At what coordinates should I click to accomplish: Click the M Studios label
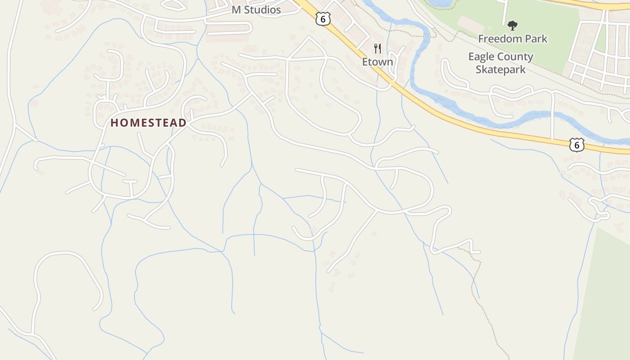coord(256,10)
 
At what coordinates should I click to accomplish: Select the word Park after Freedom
coord(535,39)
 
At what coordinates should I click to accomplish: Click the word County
coord(516,57)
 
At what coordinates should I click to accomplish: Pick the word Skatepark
coord(500,70)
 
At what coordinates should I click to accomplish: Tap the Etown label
coord(378,62)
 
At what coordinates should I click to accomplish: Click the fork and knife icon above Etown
coord(378,48)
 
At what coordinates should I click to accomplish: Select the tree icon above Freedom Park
coord(512,25)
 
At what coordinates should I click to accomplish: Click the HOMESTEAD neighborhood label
coord(148,123)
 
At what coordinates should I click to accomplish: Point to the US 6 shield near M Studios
coord(323,18)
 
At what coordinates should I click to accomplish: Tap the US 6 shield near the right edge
coord(576,144)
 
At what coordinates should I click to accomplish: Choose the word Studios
coord(262,10)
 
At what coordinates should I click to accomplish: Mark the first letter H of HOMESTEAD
coord(114,123)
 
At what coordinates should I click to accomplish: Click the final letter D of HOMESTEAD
coord(182,123)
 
